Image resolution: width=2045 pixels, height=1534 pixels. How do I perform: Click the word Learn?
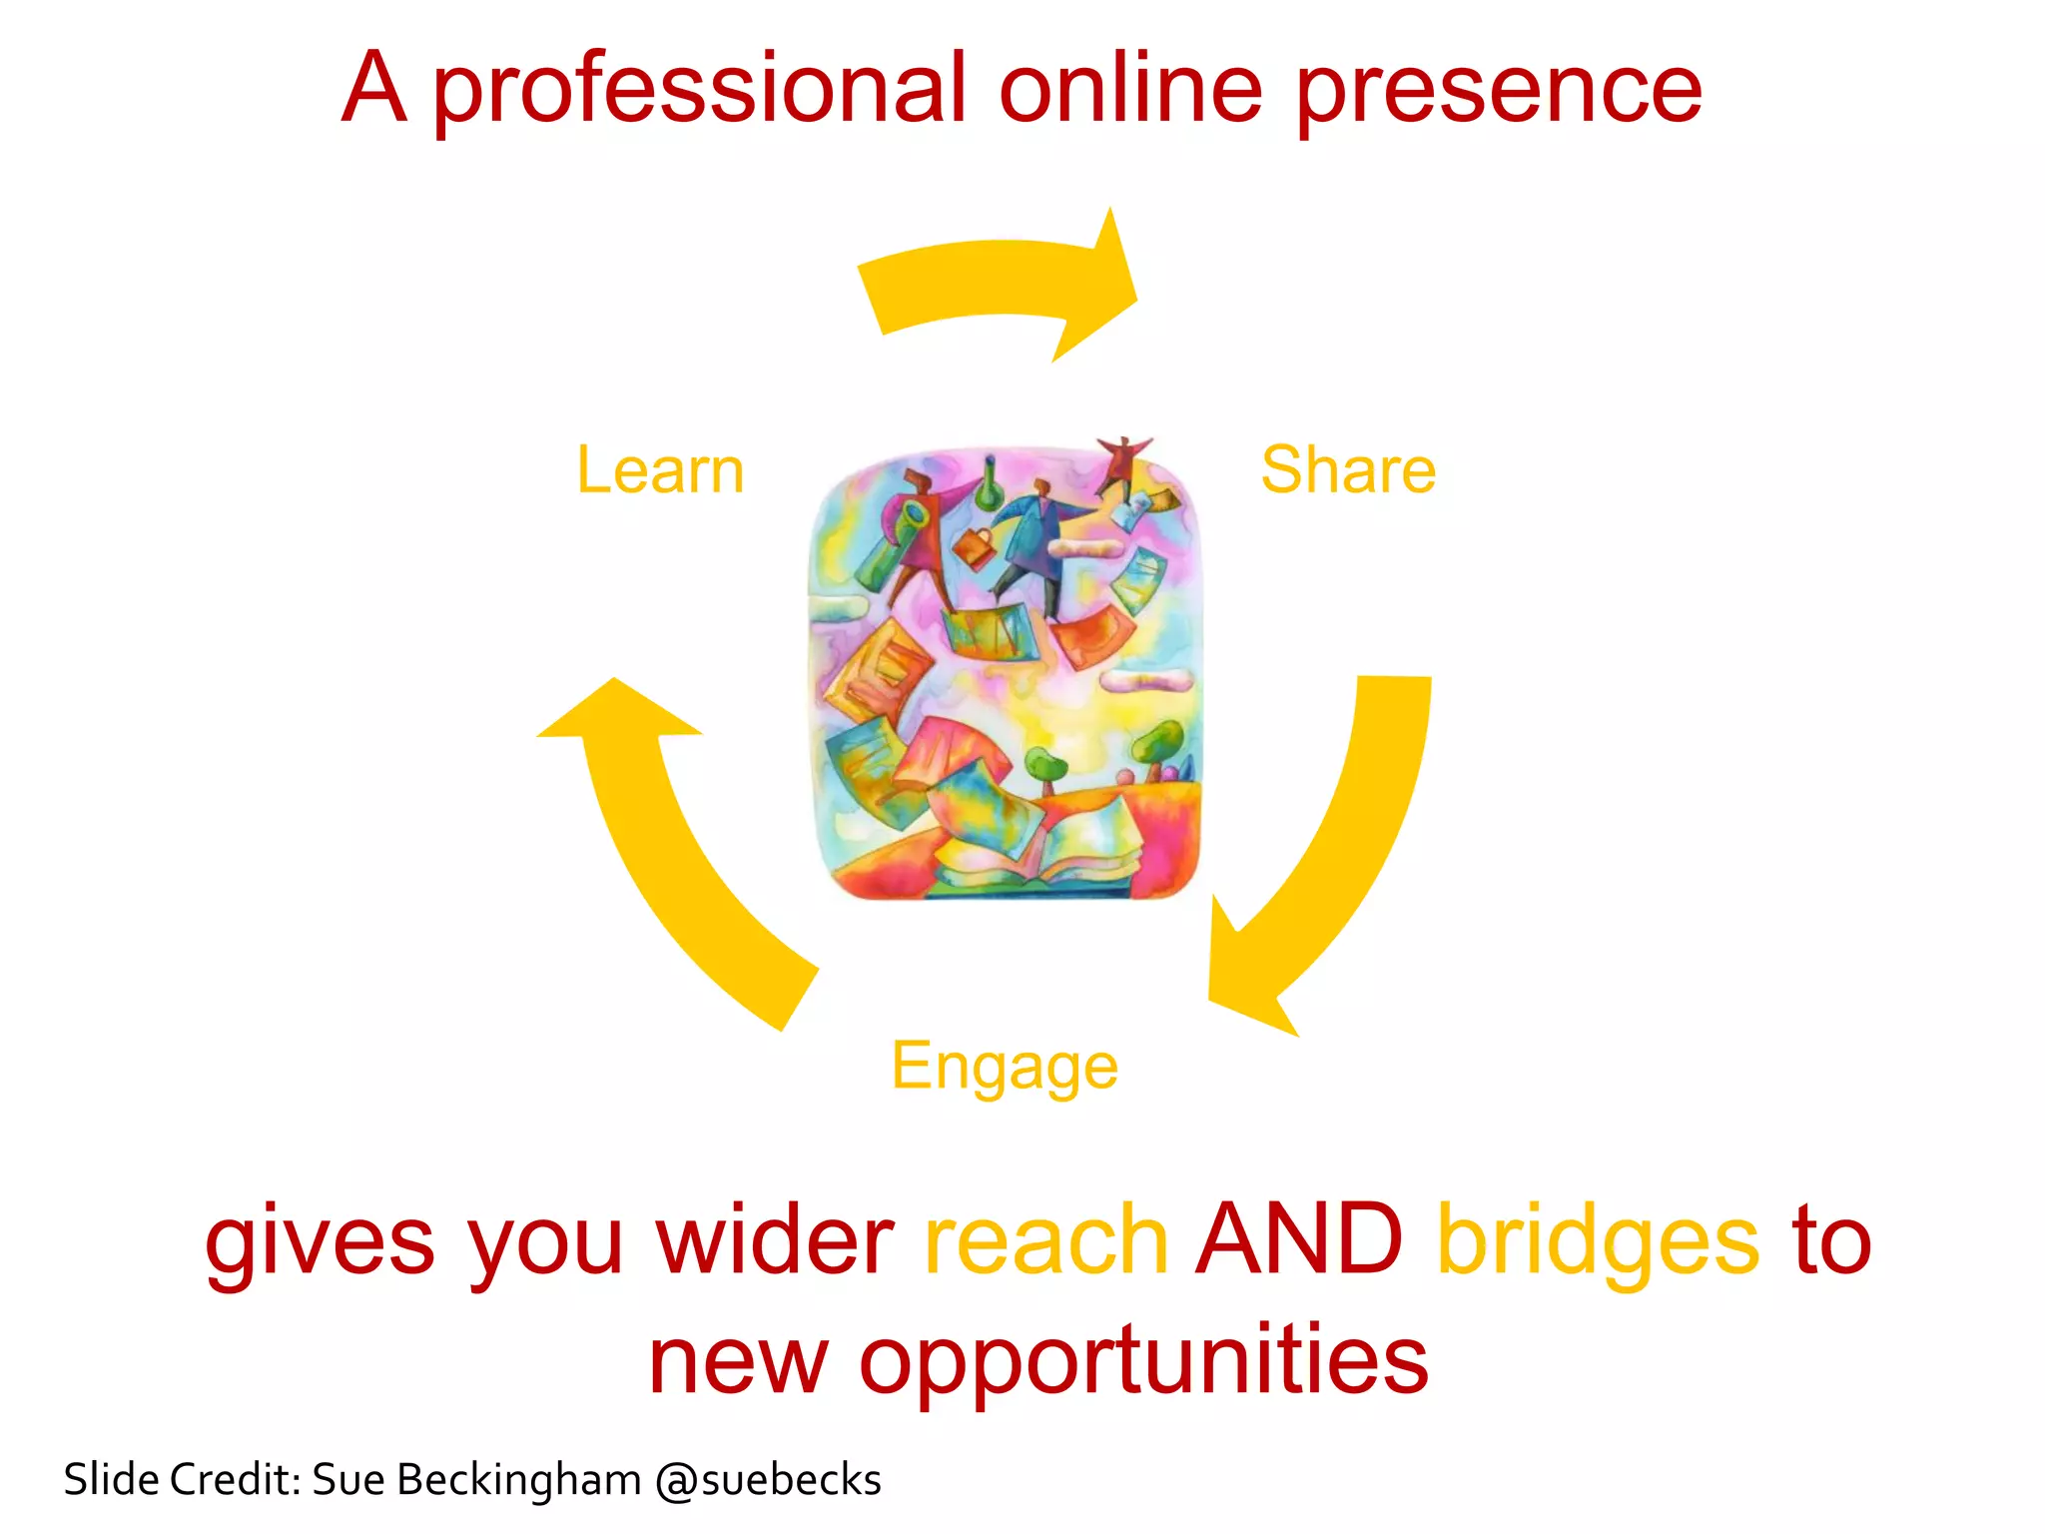coord(660,470)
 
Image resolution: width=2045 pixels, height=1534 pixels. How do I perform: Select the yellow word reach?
coord(1046,1240)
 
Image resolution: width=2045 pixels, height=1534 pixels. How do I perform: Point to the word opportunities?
coord(1143,1360)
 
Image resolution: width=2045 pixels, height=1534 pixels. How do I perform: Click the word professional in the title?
coord(699,90)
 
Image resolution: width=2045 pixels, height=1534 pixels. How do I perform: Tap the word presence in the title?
coord(1498,90)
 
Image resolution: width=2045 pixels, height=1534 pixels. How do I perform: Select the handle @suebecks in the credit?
coord(768,1480)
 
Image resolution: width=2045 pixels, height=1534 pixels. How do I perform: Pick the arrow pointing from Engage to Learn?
coord(679,849)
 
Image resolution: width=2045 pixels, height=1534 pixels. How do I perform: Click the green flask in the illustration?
coord(989,483)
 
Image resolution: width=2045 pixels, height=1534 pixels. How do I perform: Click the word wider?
coord(774,1240)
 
